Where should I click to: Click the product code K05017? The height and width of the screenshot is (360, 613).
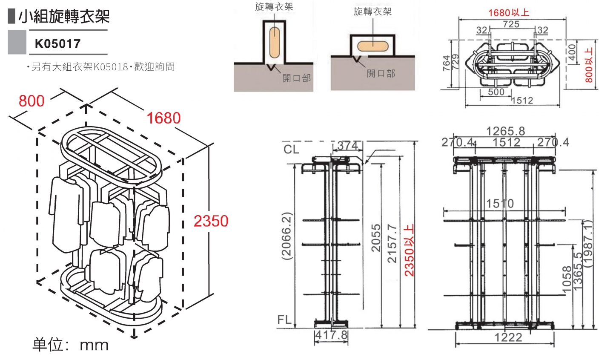point(57,43)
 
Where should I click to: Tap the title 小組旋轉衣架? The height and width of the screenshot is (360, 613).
point(64,17)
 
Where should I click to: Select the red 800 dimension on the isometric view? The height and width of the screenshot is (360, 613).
point(32,101)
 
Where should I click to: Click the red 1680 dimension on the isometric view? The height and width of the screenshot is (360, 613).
point(163,118)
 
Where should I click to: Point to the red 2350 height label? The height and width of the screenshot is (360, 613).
point(211,221)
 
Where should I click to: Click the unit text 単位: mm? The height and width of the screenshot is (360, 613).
point(71,345)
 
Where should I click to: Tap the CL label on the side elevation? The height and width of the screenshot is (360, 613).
point(292,149)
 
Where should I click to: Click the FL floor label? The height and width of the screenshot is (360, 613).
point(284,320)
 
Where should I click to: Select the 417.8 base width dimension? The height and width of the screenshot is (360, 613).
point(331,335)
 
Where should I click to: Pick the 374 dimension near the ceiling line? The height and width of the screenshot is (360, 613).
point(348,145)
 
